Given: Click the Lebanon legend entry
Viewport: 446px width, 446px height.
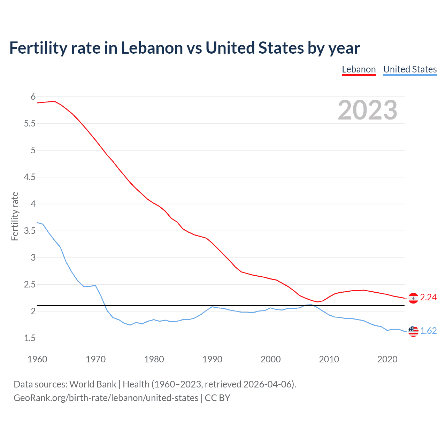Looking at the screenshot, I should [359, 69].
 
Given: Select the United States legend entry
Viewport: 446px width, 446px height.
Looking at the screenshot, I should [410, 69].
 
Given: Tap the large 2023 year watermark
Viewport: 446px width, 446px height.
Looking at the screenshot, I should [367, 110].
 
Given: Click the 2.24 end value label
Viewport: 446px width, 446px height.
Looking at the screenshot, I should [428, 297].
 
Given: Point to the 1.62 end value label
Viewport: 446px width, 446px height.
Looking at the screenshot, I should [428, 331].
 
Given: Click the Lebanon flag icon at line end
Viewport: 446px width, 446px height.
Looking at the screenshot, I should [413, 298].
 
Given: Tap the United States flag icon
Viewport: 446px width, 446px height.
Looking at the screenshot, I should [413, 331].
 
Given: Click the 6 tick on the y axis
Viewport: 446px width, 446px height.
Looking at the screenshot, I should [33, 97].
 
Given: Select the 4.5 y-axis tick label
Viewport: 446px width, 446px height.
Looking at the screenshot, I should [30, 177].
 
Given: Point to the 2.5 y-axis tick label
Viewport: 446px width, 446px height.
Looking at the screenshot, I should [30, 284].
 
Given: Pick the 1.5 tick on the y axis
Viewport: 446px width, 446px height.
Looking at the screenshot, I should [30, 338].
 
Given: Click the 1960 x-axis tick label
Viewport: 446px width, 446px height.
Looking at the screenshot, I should [37, 359].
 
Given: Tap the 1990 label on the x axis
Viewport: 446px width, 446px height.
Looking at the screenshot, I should [212, 359].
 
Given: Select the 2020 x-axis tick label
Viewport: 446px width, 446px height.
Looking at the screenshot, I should [387, 359].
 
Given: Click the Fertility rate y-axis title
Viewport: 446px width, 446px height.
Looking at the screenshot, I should [15, 216].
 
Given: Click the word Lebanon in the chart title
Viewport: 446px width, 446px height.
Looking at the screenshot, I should [152, 48].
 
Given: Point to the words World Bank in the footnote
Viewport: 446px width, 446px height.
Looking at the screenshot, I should [93, 384].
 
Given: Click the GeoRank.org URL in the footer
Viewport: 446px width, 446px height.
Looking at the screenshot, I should [106, 398].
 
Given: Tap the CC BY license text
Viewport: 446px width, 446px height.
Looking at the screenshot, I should [217, 398].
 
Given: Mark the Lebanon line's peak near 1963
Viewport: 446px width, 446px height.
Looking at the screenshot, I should [54, 101].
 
